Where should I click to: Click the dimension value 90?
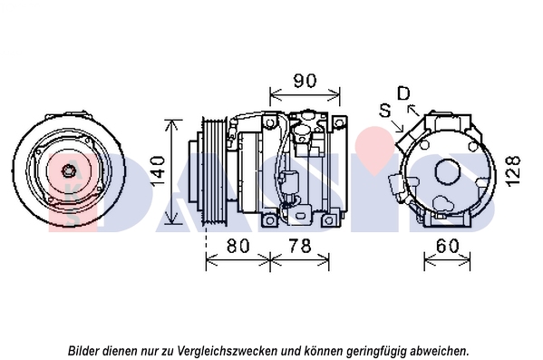[305, 81]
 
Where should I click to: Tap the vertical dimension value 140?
[158, 170]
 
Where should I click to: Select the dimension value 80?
[238, 246]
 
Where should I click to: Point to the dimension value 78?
[300, 246]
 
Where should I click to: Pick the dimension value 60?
[448, 246]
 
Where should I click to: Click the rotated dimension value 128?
[514, 171]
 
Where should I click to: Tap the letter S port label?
[385, 111]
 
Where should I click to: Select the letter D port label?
[403, 93]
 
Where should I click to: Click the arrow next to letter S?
[398, 126]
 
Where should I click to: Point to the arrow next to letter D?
[414, 110]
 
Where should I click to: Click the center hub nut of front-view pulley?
[67, 170]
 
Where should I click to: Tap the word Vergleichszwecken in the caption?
[227, 351]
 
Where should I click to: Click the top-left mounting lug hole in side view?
[270, 122]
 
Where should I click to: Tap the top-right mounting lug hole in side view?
[339, 122]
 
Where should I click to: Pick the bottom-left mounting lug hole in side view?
[270, 220]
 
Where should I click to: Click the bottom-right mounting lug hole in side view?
[329, 220]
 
